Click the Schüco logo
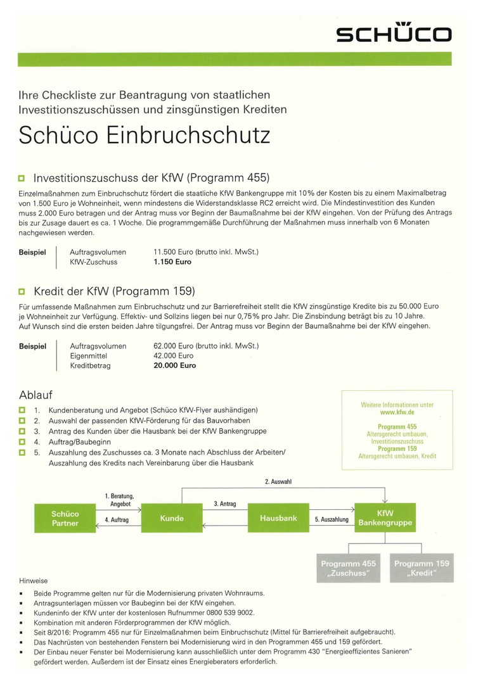click(394, 34)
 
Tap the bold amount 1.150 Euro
click(172, 262)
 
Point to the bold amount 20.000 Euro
click(175, 365)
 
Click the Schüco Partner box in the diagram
click(65, 518)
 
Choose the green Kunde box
click(172, 518)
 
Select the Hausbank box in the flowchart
click(278, 518)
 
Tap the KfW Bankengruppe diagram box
click(385, 518)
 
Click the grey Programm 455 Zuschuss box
click(348, 568)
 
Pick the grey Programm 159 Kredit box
click(422, 568)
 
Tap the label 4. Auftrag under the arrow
click(117, 519)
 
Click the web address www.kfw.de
click(397, 412)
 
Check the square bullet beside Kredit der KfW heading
click(22, 292)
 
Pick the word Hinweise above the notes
click(33, 580)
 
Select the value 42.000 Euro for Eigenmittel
click(174, 356)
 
